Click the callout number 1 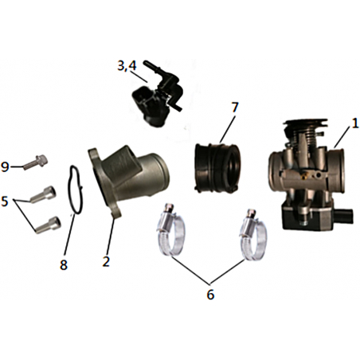pos(354,124)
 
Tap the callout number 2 pos(106,261)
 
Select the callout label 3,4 pos(127,66)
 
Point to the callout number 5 pos(5,201)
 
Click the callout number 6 pos(210,294)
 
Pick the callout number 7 pos(235,107)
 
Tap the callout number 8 pos(64,264)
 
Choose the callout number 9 pos(5,167)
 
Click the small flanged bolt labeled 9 pos(36,162)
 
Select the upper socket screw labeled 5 pos(43,194)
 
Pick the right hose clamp pos(253,234)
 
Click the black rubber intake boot pos(217,167)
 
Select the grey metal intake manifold pos(128,182)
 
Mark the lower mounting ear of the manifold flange pos(115,212)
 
